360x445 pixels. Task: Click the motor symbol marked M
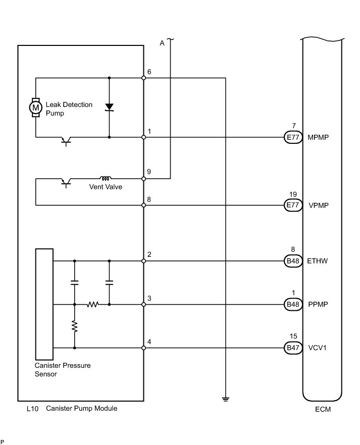coord(35,107)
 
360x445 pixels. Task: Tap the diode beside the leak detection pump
coord(109,107)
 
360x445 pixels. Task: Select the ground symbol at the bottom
coord(225,399)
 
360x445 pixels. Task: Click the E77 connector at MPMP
coord(293,137)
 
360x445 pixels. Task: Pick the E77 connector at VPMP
coord(293,205)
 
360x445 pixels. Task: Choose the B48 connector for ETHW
coord(293,261)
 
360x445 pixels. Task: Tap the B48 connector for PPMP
coord(293,305)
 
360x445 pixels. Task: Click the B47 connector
coord(293,348)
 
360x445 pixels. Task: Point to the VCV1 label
coord(317,348)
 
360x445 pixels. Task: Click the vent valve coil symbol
coord(106,178)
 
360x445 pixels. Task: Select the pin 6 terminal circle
coord(144,78)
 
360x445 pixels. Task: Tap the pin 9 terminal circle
coord(144,179)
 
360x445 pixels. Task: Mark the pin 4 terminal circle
coord(144,348)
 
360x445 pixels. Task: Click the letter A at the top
coord(162,43)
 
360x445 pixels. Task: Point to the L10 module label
coord(32,409)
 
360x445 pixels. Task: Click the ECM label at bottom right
coord(323,409)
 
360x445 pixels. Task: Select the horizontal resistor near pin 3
coord(92,305)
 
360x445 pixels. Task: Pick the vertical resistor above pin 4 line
coord(75,326)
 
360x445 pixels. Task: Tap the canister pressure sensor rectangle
coord(44,304)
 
